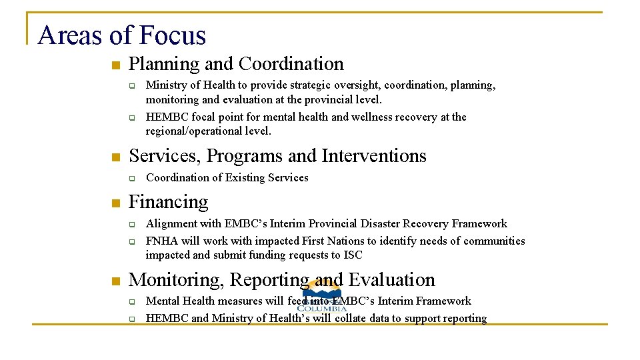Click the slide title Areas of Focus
click(122, 35)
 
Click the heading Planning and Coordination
click(236, 64)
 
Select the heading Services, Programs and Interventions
click(277, 156)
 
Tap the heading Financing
click(168, 202)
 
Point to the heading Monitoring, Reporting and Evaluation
click(281, 280)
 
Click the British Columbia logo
click(322, 298)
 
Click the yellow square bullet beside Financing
click(115, 203)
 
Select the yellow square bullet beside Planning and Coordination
click(115, 65)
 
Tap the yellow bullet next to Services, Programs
click(115, 157)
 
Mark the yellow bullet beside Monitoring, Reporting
click(115, 281)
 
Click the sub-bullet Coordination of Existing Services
click(227, 177)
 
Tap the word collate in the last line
click(353, 319)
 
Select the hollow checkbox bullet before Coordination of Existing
click(132, 179)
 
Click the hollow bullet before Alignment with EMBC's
click(132, 225)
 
